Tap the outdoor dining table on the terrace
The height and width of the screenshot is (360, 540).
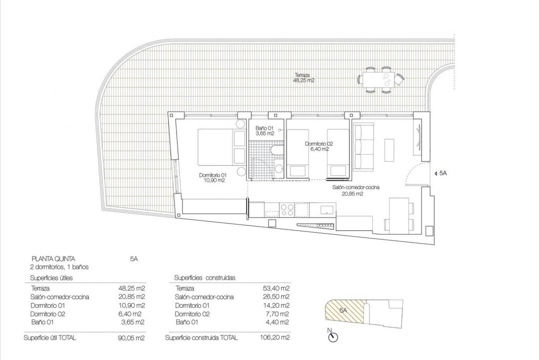(x=379, y=80)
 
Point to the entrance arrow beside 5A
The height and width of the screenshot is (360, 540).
(x=432, y=173)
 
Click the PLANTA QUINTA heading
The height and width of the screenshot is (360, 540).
(x=53, y=258)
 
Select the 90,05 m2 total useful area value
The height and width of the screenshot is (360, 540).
(x=129, y=338)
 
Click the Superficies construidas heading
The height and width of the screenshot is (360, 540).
(x=205, y=277)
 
